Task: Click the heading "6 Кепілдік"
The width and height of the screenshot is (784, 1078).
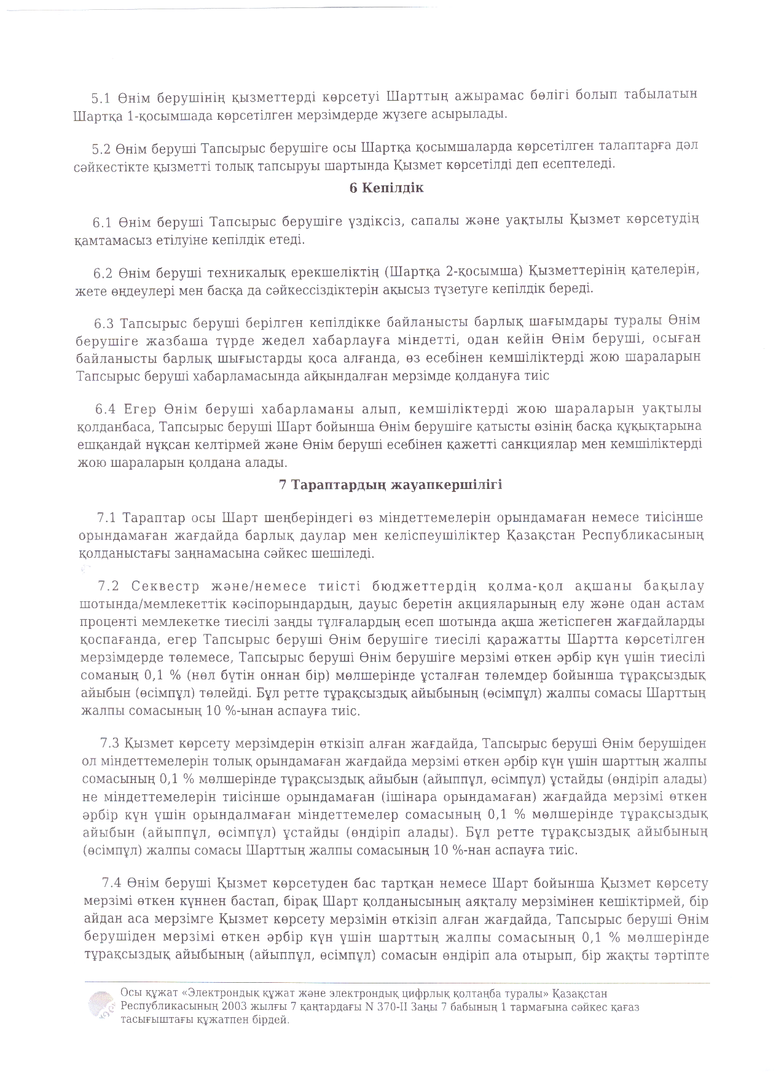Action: coord(386,188)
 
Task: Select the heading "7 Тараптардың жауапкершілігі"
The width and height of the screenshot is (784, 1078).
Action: coord(391,485)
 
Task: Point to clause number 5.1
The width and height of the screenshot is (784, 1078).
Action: coord(100,97)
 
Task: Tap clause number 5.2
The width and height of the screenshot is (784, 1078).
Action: coord(101,147)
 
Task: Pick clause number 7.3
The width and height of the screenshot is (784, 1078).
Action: coord(109,744)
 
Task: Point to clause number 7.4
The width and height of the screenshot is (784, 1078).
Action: coord(111,884)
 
